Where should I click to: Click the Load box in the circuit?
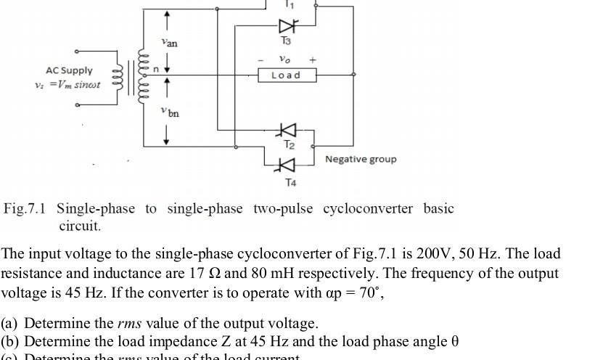[x=287, y=75]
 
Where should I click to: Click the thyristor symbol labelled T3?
[x=287, y=27]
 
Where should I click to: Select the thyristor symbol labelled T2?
[x=288, y=130]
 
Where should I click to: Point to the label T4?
[x=290, y=182]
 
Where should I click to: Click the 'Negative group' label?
[x=361, y=159]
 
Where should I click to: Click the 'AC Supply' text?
[x=69, y=70]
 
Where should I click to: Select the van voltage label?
[x=169, y=43]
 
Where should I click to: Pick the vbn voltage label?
[x=170, y=112]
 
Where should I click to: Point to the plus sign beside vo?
[x=313, y=60]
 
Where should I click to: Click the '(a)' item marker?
[x=10, y=323]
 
